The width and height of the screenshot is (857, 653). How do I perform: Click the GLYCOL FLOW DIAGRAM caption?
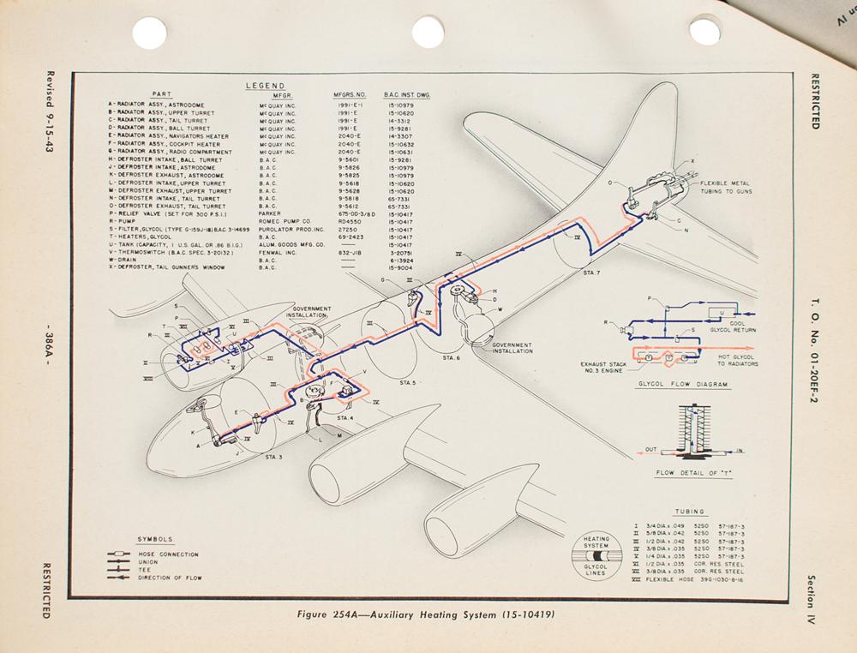(682, 384)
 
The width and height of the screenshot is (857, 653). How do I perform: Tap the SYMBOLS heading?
(155, 539)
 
